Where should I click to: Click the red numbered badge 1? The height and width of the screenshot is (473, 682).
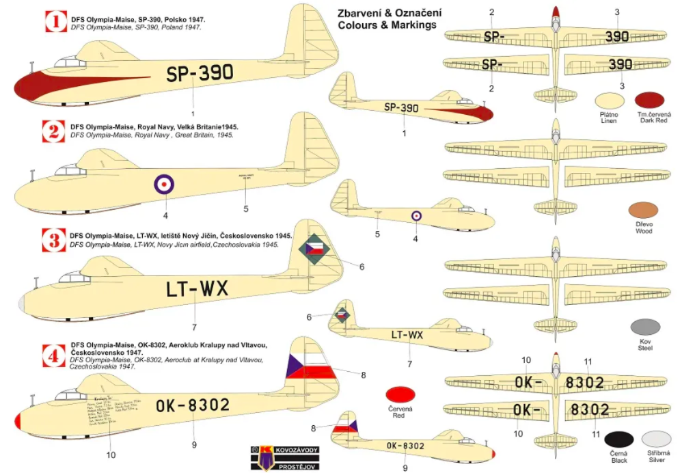tap(54, 21)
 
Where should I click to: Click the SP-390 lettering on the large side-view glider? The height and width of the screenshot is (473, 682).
tap(199, 72)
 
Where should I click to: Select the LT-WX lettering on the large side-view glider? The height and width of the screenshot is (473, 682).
tap(197, 290)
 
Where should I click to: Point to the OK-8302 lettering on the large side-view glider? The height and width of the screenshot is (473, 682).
tap(192, 405)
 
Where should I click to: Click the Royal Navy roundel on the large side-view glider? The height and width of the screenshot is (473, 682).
tap(163, 183)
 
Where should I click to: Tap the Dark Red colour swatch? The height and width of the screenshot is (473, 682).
tap(649, 100)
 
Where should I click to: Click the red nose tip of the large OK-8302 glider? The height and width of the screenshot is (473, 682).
tap(17, 421)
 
